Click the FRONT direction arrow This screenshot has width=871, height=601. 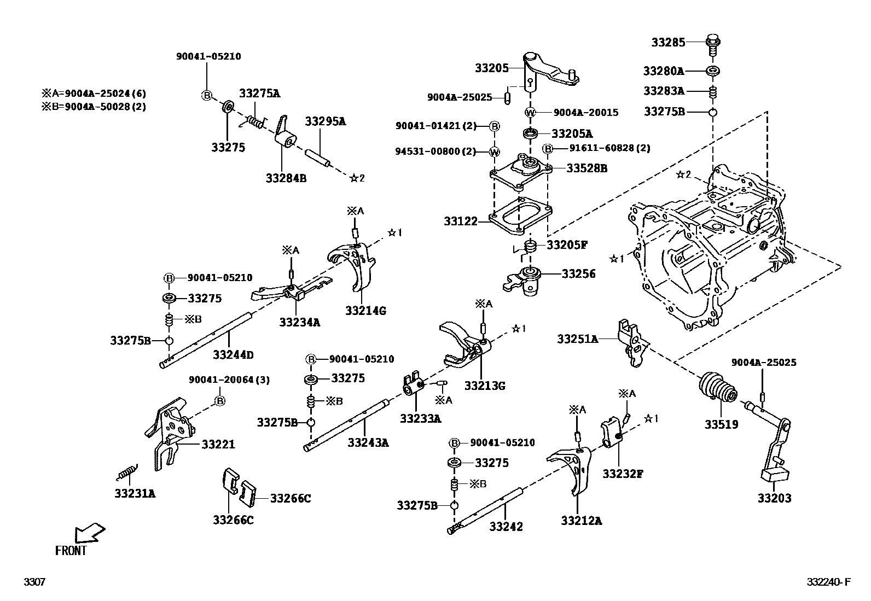pos(89,532)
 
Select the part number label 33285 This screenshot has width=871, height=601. pos(667,42)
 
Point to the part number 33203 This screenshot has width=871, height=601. pos(774,498)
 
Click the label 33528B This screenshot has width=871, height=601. pos(587,168)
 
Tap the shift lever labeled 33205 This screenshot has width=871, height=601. pos(547,71)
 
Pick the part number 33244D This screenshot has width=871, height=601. pos(233,355)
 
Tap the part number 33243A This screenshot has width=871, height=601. pos(368,442)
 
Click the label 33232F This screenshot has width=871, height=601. pos(622,474)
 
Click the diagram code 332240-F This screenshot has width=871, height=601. pos(828,582)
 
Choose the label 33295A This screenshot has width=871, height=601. pos(325,121)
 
